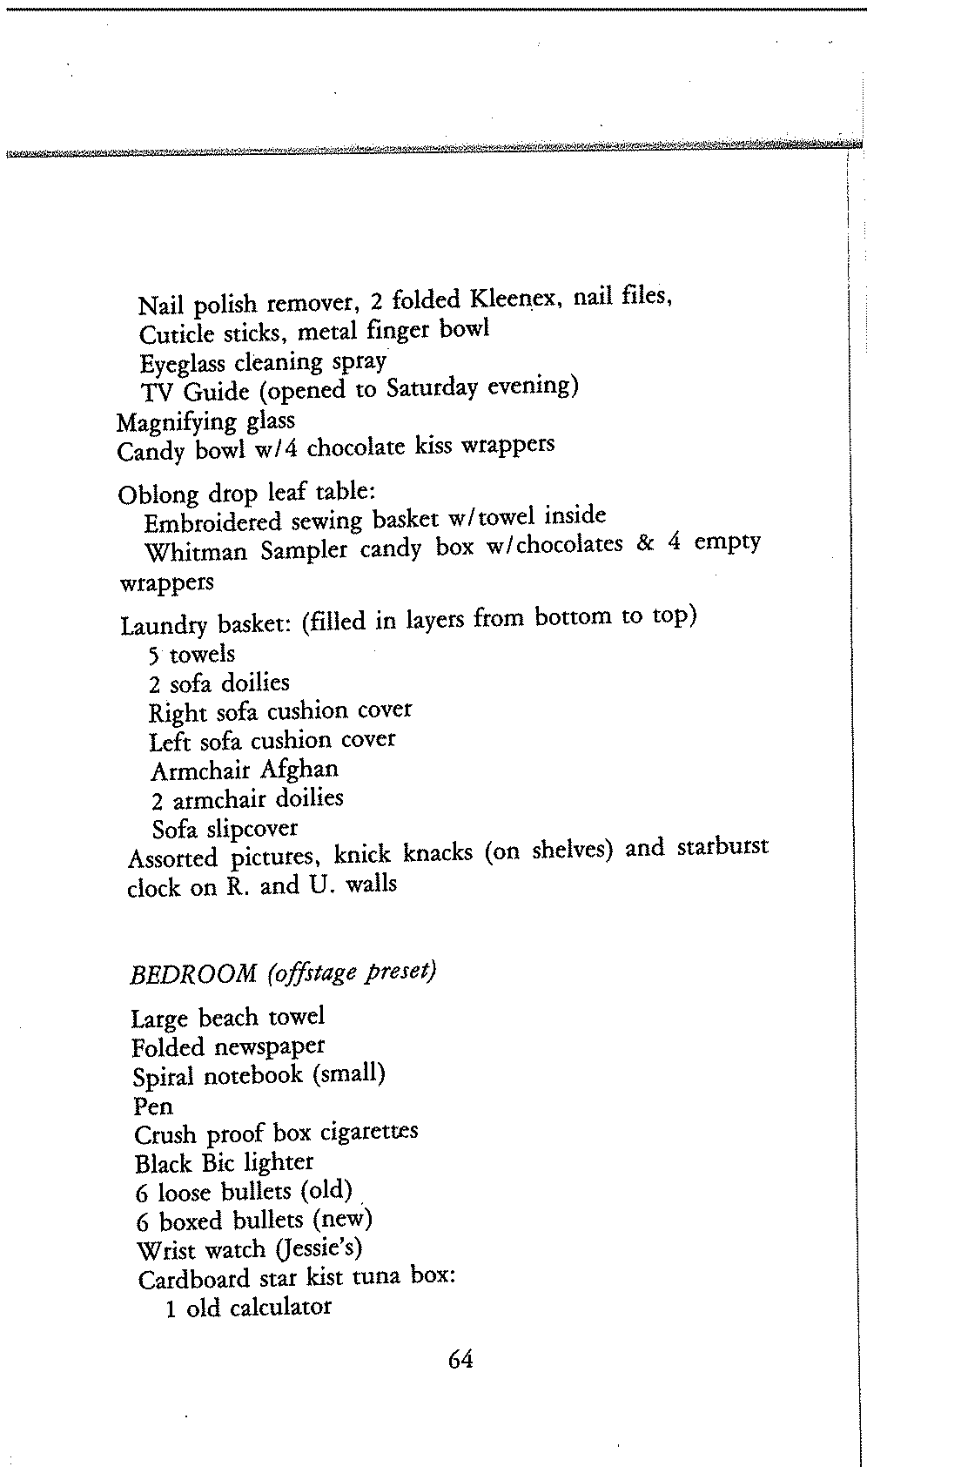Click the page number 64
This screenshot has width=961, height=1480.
pyautogui.click(x=460, y=1359)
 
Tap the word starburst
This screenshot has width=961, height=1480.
pyautogui.click(x=722, y=847)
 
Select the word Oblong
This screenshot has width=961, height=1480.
pyautogui.click(x=158, y=494)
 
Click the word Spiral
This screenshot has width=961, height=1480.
pyautogui.click(x=163, y=1077)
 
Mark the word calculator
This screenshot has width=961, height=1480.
pyautogui.click(x=279, y=1308)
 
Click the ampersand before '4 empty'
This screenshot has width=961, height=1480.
pyautogui.click(x=645, y=544)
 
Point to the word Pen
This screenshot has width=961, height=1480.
pyautogui.click(x=153, y=1107)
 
